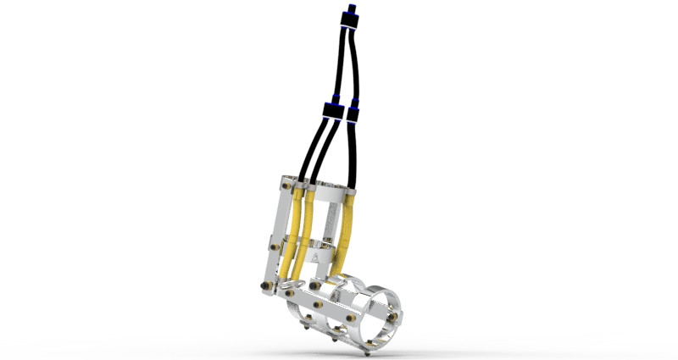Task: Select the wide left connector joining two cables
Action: (331, 110)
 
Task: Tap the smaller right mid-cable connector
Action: (353, 112)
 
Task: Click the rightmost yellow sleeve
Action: (346, 233)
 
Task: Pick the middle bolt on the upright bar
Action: (275, 246)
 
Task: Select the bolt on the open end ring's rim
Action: (393, 316)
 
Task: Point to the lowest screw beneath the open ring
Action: (365, 354)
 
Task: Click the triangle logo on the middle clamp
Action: (315, 255)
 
